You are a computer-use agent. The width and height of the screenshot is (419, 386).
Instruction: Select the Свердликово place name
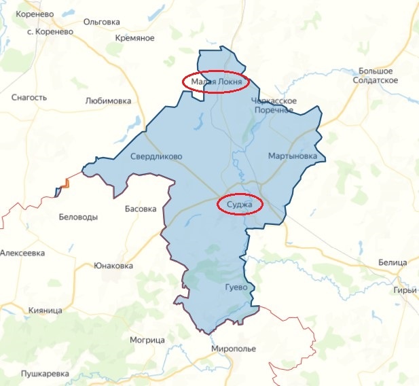click(x=156, y=156)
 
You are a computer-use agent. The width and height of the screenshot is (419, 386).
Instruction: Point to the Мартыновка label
click(x=293, y=156)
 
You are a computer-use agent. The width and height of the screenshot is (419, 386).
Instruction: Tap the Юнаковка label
click(x=113, y=265)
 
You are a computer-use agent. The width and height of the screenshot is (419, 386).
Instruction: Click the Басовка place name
click(x=141, y=209)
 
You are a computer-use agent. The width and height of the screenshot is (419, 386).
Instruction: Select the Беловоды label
click(x=79, y=217)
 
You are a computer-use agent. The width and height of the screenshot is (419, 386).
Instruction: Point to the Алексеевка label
click(x=22, y=253)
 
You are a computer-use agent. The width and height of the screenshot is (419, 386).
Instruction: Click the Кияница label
click(x=45, y=310)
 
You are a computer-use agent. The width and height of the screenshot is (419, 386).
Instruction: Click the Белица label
click(x=392, y=262)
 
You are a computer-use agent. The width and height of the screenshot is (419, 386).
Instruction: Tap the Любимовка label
click(x=108, y=101)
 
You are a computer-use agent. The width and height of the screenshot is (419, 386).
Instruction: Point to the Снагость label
click(x=29, y=97)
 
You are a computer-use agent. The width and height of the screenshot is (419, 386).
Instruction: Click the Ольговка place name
click(x=101, y=22)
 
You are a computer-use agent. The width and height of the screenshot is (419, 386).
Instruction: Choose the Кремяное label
click(x=135, y=38)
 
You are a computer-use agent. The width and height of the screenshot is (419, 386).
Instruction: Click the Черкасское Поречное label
click(x=275, y=105)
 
